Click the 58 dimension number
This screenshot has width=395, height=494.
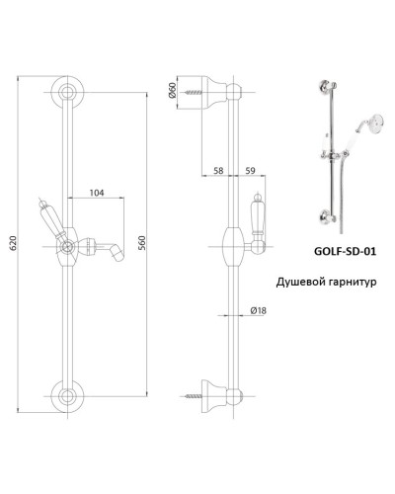point(217,171)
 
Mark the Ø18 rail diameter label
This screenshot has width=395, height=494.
point(260,312)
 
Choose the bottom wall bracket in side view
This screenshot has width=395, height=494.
point(219,391)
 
